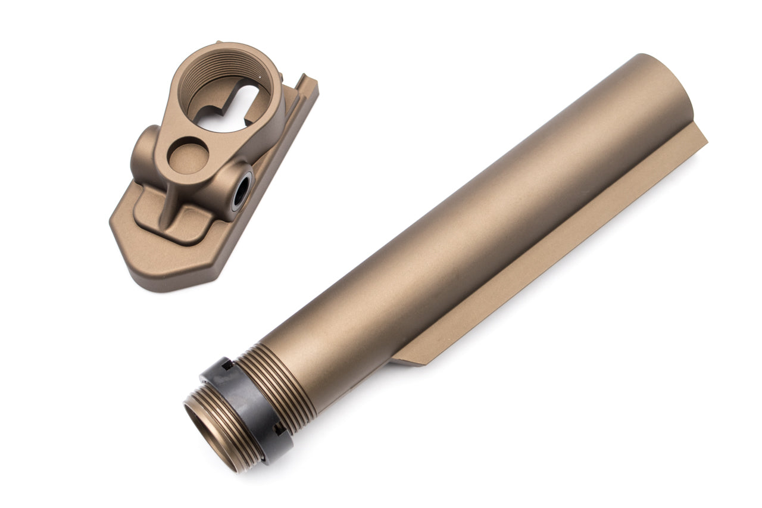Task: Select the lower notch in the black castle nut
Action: point(277,428)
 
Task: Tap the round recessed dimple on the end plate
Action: point(188,155)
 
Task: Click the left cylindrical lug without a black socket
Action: point(143,155)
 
